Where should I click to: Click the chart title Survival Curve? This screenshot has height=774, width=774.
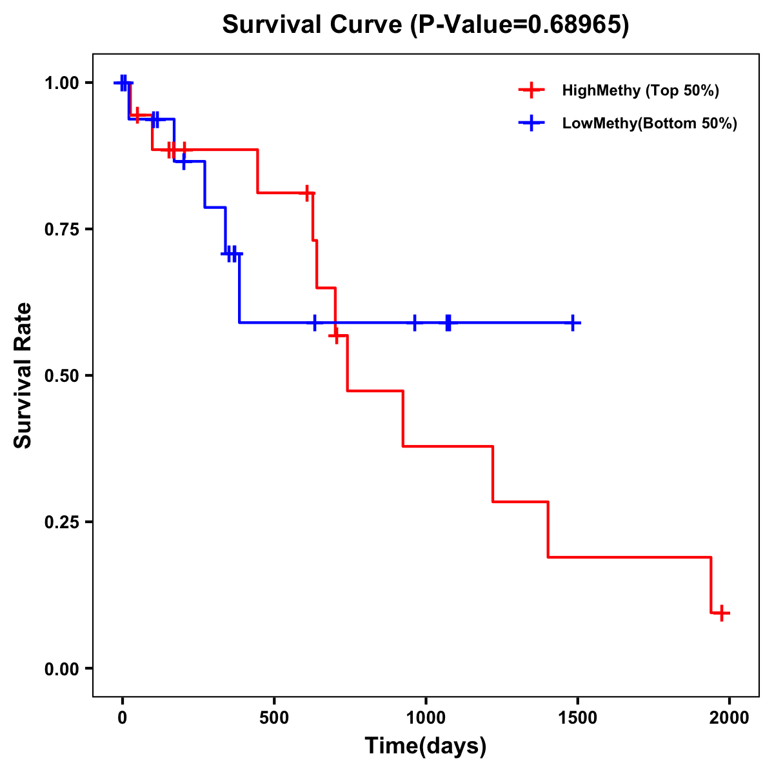pyautogui.click(x=314, y=25)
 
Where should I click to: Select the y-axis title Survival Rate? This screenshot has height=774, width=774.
pyautogui.click(x=24, y=375)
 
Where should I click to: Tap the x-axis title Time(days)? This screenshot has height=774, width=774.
pyautogui.click(x=426, y=746)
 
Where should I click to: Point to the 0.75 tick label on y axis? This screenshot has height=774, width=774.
pyautogui.click(x=61, y=229)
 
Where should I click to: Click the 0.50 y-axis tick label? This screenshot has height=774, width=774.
pyautogui.click(x=61, y=375)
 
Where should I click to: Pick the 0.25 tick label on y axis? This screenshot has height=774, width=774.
pyautogui.click(x=61, y=522)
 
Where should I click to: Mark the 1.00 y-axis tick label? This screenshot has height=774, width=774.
pyautogui.click(x=61, y=83)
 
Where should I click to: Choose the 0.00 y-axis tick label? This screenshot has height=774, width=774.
pyautogui.click(x=61, y=668)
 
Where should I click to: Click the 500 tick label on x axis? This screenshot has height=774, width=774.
pyautogui.click(x=274, y=718)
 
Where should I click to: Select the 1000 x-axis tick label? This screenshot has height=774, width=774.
pyautogui.click(x=426, y=718)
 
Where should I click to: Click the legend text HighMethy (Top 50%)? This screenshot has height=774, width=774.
pyautogui.click(x=640, y=90)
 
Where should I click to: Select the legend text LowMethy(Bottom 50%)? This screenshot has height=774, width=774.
pyautogui.click(x=650, y=123)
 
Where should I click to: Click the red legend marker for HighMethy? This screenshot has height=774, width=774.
pyautogui.click(x=531, y=90)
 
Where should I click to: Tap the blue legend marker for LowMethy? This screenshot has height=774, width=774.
pyautogui.click(x=531, y=123)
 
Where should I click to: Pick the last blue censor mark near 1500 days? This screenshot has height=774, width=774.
pyautogui.click(x=572, y=322)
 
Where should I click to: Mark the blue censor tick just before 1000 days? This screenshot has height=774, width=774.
pyautogui.click(x=414, y=322)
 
